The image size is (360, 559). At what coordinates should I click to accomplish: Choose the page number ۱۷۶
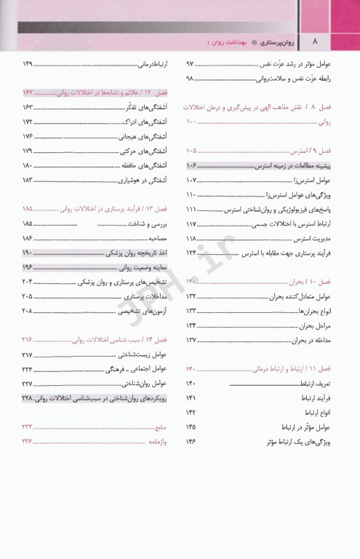[28, 136]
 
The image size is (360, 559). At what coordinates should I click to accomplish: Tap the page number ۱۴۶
[192, 441]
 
